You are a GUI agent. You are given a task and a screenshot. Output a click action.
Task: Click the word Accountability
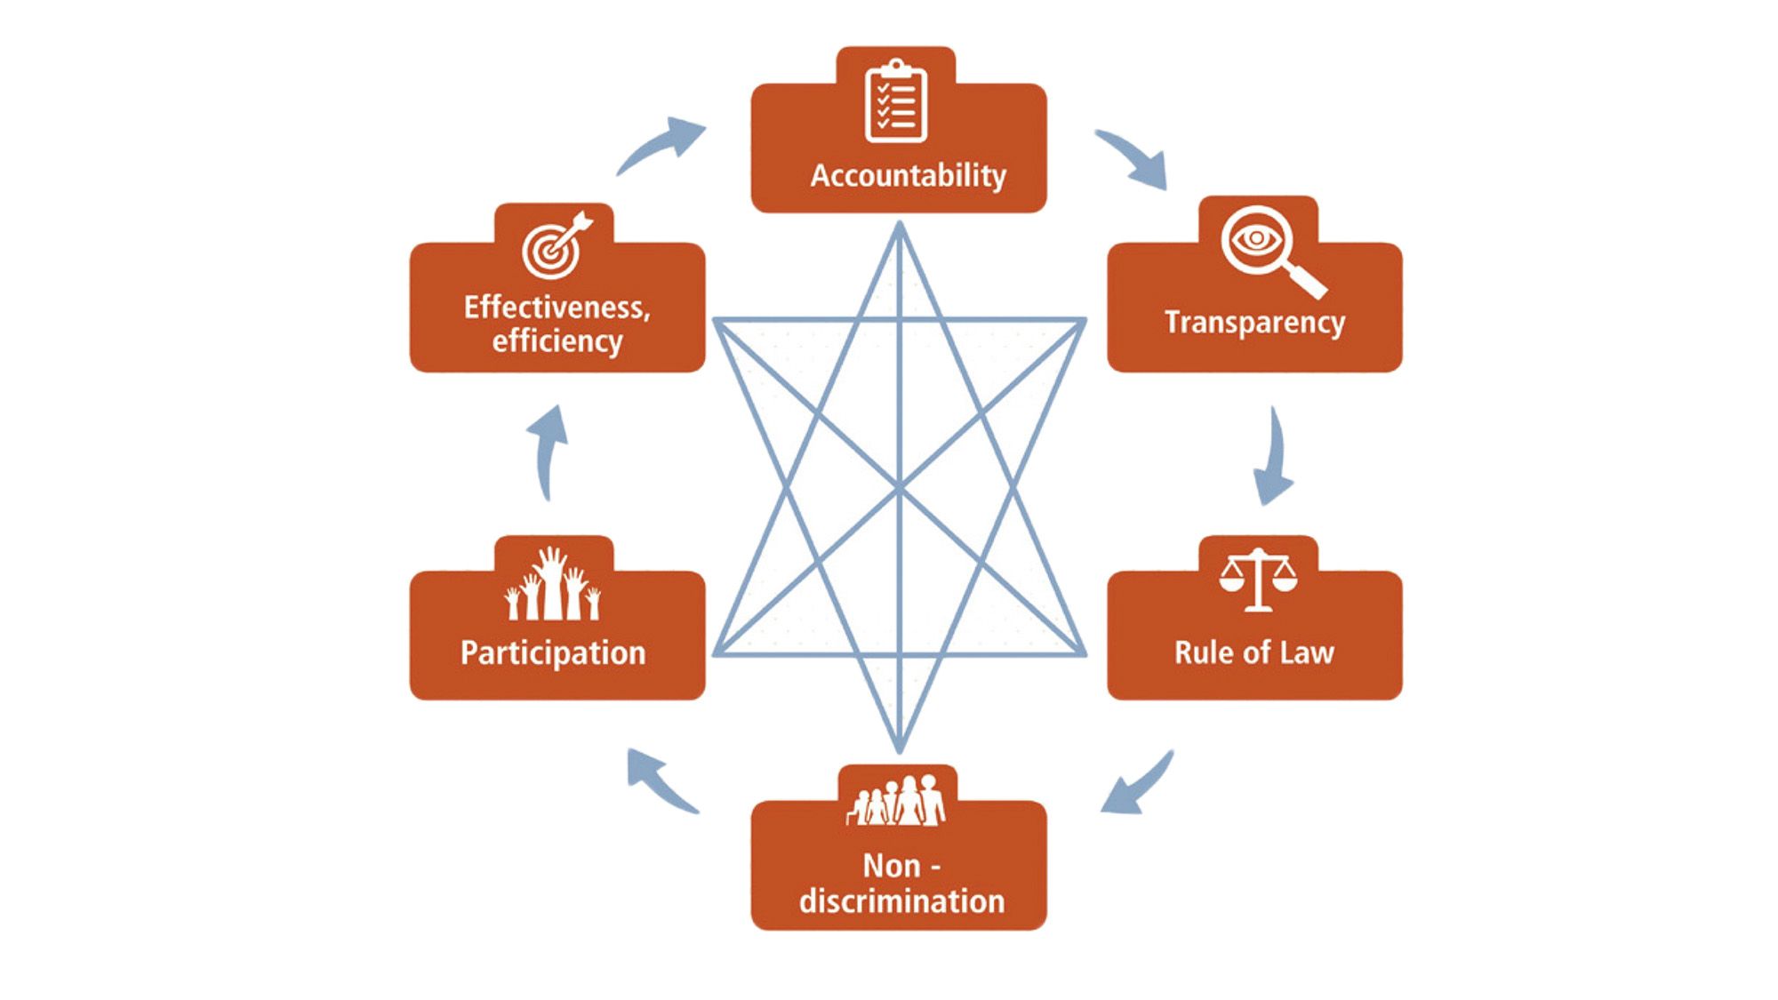point(908,175)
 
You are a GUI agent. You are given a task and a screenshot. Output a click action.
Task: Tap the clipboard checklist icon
point(896,101)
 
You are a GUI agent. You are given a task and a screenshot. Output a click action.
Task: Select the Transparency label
point(1254,322)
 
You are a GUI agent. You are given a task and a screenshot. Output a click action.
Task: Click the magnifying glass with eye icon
point(1269,249)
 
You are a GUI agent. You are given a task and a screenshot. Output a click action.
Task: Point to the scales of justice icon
point(1258,580)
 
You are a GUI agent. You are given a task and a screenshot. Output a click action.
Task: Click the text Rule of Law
point(1254,652)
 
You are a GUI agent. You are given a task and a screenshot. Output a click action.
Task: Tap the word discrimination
point(901,900)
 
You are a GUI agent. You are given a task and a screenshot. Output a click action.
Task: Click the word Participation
point(553,652)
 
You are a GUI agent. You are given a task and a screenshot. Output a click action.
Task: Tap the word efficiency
point(557,341)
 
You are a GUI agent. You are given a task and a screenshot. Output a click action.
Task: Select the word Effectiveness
point(556,308)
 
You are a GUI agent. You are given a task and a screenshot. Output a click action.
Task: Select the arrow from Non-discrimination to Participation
point(660,780)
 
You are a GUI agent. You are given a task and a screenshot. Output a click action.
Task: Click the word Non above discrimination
point(891,866)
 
